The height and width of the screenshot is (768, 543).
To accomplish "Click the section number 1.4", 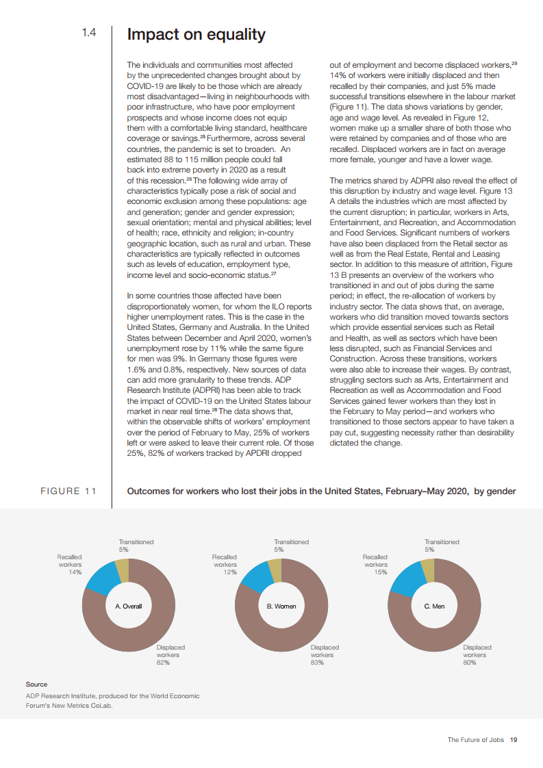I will [x=89, y=33].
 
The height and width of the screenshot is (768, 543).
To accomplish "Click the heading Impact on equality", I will [x=197, y=34].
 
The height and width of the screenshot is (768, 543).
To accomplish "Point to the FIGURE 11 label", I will [x=68, y=491].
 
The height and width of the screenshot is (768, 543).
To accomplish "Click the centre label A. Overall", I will [x=128, y=606].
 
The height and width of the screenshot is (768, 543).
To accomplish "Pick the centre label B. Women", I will [x=281, y=606].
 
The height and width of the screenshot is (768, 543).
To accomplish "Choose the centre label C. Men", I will [x=434, y=606].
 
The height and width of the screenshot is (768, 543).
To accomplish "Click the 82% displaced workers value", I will [x=163, y=663].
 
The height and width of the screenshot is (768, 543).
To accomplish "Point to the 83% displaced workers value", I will [x=317, y=663].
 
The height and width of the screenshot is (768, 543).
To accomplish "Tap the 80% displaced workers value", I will [x=470, y=663].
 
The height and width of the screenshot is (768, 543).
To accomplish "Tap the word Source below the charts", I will [x=36, y=684].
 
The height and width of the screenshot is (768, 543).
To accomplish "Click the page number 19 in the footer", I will [x=514, y=740].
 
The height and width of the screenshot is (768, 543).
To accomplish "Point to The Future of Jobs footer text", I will [x=477, y=740].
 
